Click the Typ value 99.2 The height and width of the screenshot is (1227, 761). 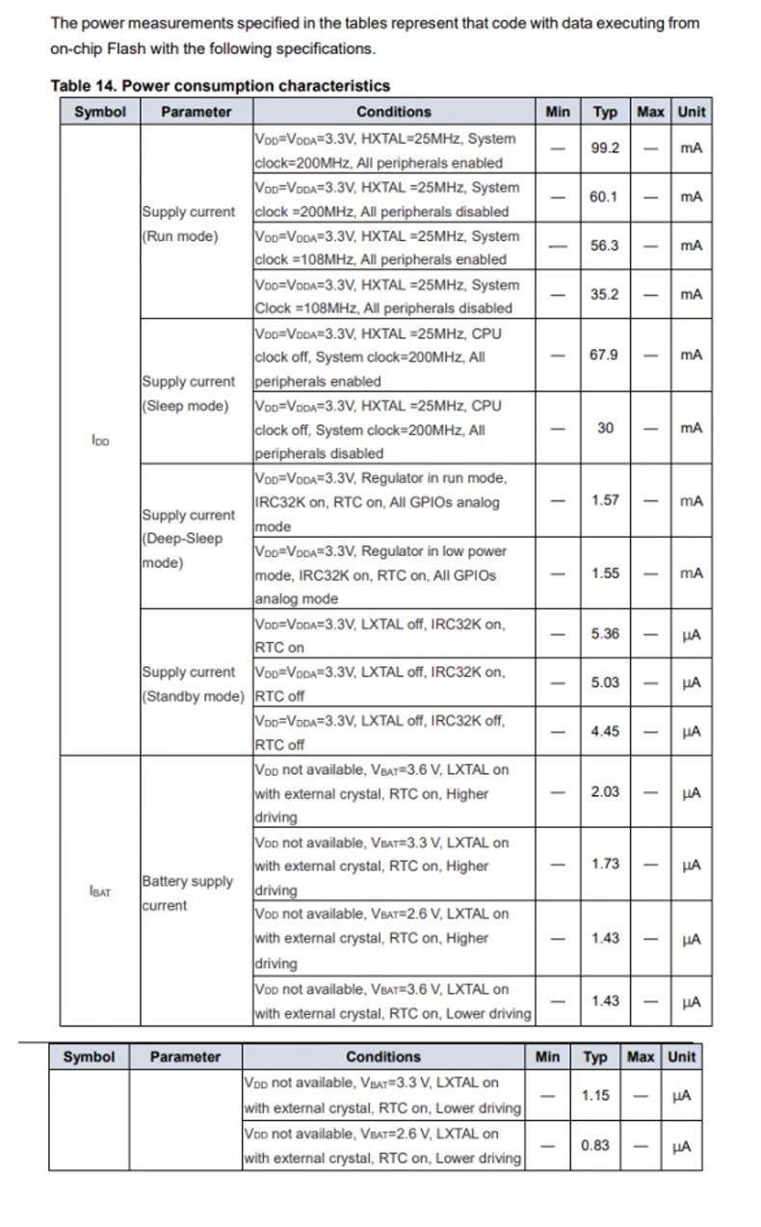605,148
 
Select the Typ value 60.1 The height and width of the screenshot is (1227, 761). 604,197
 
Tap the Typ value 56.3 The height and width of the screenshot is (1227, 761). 604,245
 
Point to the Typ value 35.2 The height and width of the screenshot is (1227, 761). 604,294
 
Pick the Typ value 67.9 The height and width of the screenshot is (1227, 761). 604,355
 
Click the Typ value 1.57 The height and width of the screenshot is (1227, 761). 605,500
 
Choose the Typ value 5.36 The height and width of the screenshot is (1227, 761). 605,634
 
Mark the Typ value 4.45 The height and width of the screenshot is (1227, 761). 605,732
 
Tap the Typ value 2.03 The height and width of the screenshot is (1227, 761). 605,792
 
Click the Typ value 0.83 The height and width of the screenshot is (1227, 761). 594,1145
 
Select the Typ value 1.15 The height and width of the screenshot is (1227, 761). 595,1096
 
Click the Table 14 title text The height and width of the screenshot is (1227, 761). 220,86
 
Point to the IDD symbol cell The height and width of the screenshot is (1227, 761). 100,440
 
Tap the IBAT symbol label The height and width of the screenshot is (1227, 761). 100,893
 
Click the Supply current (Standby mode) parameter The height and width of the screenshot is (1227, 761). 193,683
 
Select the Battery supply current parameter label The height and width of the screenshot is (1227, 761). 187,894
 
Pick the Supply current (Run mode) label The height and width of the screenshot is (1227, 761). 188,224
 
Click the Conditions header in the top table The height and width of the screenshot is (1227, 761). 393,112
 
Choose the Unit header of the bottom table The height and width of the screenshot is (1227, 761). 681,1056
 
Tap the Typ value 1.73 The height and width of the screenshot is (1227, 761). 605,865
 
